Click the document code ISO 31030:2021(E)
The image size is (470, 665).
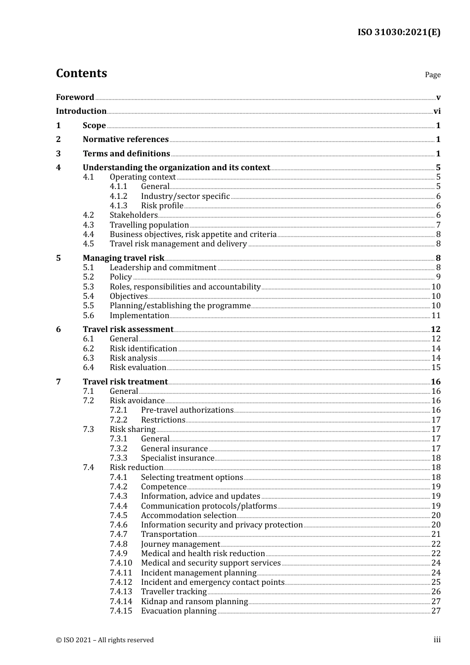(x=399, y=32)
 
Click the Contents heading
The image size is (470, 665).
(x=81, y=73)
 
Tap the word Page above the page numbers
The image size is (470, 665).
(x=432, y=75)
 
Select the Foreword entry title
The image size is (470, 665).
(x=75, y=97)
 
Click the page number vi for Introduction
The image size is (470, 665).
(x=437, y=111)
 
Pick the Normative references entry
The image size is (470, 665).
(x=126, y=140)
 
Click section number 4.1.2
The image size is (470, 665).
(x=118, y=196)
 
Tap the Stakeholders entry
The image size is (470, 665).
(x=134, y=215)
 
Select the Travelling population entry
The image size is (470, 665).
(x=149, y=225)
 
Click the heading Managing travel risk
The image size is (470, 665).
(x=123, y=258)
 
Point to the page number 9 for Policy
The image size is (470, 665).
(x=438, y=277)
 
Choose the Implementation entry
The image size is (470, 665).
(x=140, y=316)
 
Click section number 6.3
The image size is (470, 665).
(x=88, y=358)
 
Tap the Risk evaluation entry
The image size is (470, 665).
(x=138, y=368)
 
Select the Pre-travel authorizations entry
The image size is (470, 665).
(x=187, y=410)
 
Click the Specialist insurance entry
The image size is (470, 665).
(x=178, y=458)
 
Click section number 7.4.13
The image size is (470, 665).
(x=121, y=592)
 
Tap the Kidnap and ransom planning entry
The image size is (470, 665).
(x=194, y=602)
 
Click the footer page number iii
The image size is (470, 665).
(x=437, y=640)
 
